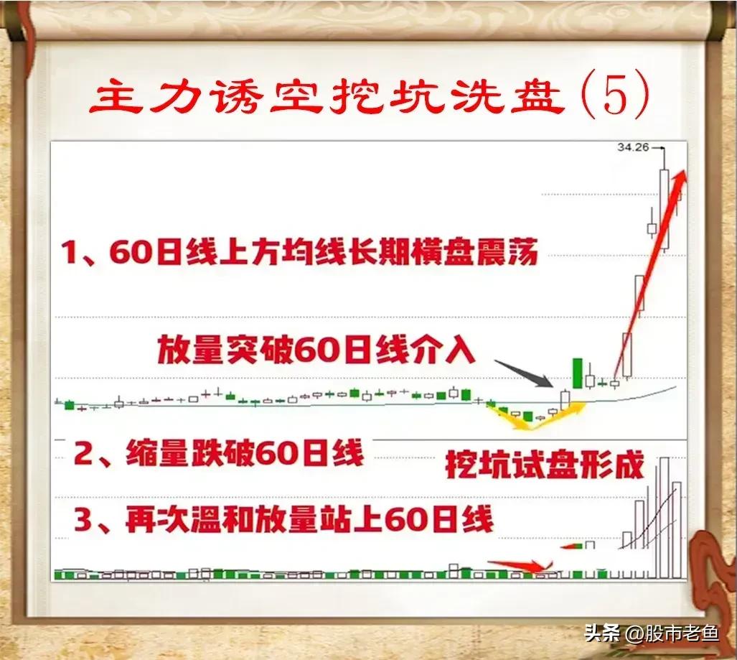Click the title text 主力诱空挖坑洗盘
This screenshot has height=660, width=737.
[x=327, y=99]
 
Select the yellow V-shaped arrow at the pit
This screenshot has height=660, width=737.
[x=535, y=416]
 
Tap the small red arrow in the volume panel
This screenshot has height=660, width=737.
[x=514, y=565]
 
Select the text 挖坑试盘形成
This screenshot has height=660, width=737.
[x=545, y=465]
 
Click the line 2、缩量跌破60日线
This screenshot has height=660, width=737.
[x=220, y=454]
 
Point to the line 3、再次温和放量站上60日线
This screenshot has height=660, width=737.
[x=284, y=519]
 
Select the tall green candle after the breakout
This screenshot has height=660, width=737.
[x=576, y=372]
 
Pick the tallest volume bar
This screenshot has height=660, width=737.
[x=664, y=517]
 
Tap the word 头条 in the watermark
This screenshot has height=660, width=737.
[x=601, y=633]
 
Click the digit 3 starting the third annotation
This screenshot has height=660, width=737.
[x=83, y=520]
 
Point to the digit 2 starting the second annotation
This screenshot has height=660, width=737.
[x=84, y=455]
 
